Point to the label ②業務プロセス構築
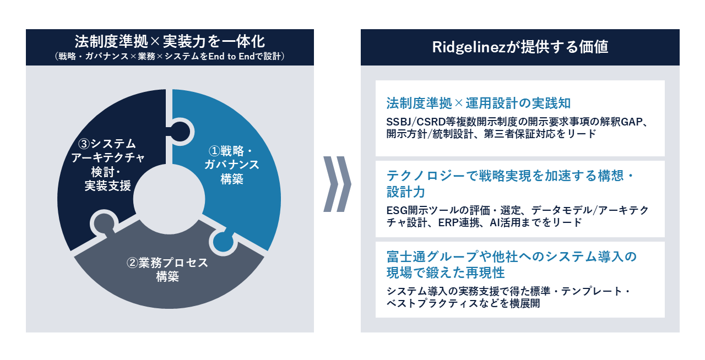167,269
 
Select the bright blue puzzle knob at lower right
222,241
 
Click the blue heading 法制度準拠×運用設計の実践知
478,103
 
